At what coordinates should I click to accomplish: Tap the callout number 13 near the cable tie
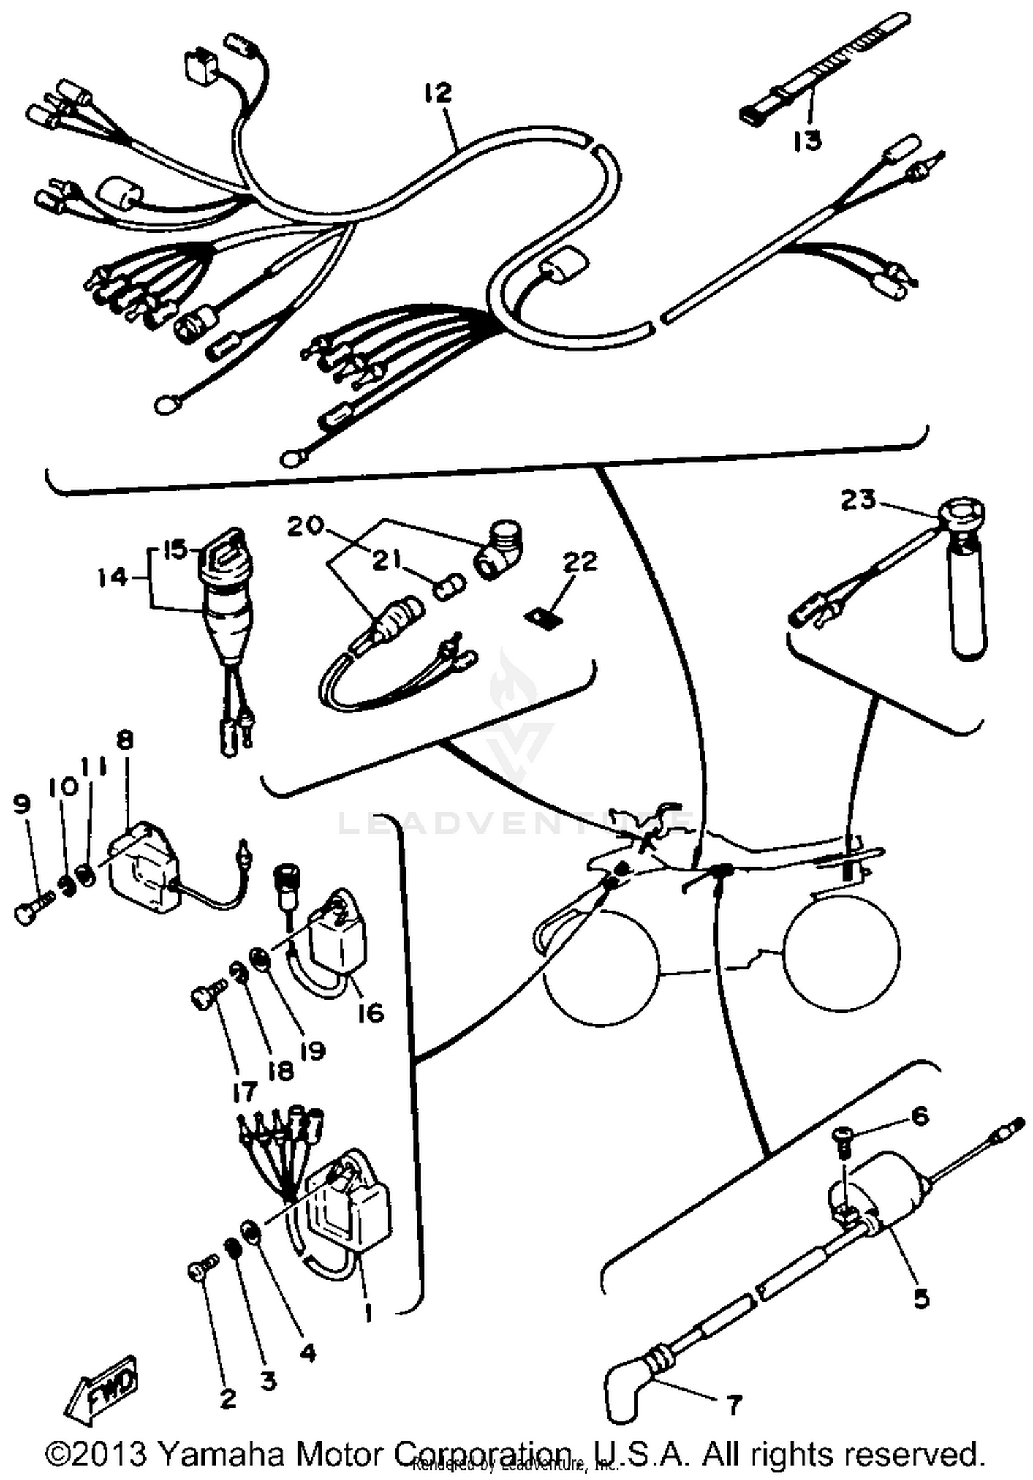click(x=807, y=140)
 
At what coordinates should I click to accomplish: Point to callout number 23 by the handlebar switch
click(x=857, y=499)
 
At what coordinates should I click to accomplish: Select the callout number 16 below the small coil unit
click(x=371, y=1013)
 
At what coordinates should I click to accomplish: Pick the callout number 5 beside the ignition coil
click(x=921, y=1298)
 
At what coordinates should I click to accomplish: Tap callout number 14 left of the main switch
click(x=112, y=578)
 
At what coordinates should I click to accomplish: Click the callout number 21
click(x=386, y=560)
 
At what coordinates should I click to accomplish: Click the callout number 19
click(x=312, y=1051)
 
